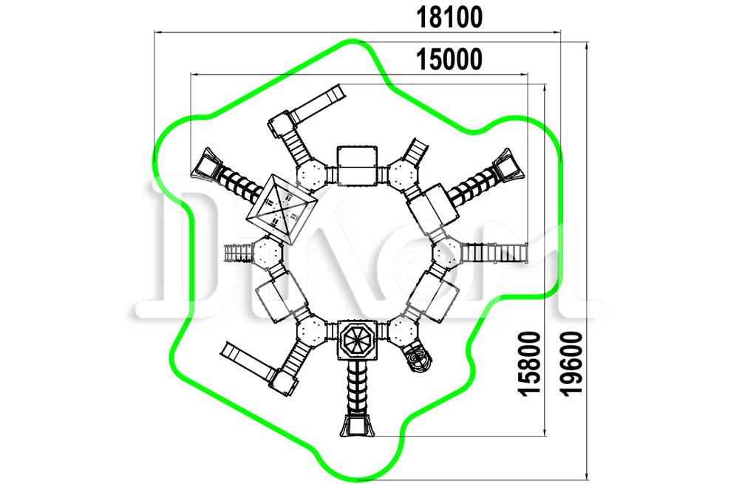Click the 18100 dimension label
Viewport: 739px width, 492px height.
(449, 18)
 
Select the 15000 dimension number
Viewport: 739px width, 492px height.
(449, 59)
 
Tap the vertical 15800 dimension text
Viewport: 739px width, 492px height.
(529, 363)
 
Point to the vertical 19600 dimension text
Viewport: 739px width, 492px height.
(572, 363)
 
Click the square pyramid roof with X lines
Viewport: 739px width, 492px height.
(282, 209)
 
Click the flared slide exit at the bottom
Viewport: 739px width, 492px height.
(357, 426)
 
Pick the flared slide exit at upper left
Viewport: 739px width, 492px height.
(205, 163)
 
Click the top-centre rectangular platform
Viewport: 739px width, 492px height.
(357, 166)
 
